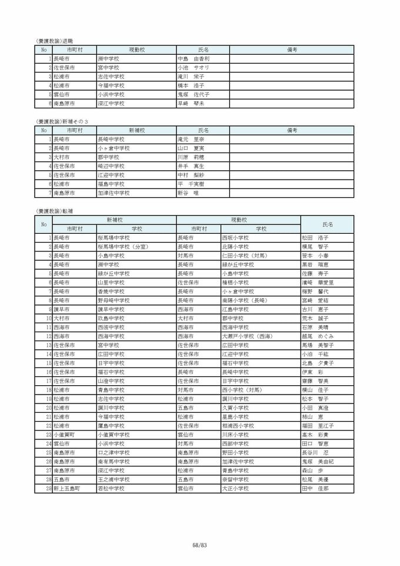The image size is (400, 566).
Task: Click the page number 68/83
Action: click(200, 545)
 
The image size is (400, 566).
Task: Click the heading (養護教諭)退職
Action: click(54, 42)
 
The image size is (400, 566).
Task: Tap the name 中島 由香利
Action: click(194, 59)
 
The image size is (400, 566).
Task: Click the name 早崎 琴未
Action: click(191, 103)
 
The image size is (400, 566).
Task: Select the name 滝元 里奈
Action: click(191, 139)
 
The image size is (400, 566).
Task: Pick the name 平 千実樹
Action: click(192, 184)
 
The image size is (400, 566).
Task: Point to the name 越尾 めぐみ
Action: click(316, 336)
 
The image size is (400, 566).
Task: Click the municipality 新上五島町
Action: click(66, 489)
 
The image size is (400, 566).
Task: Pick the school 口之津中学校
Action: click(114, 453)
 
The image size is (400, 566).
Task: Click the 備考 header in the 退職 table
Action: click(291, 50)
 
